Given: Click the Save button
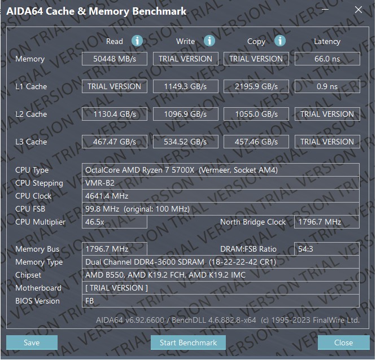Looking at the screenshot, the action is coord(32,343).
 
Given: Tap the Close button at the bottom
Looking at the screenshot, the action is coord(343,343).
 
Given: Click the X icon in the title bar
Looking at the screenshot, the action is coord(358,10).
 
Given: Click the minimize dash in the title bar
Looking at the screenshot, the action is coord(325,10).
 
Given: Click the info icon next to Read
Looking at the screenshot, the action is coord(137,41).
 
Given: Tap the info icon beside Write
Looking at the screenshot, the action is coord(209,41).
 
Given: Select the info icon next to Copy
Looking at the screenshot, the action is coord(280,41).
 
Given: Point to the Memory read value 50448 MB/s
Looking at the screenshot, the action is coord(115,59).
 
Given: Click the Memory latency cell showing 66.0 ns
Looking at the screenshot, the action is coord(327,59).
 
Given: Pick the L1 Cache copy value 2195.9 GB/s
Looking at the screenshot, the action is coord(256,86).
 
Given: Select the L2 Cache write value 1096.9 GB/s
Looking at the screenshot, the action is coord(185,114).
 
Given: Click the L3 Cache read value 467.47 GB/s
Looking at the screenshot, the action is coord(115,142).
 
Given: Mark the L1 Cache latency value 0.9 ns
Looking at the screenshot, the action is coord(327,86).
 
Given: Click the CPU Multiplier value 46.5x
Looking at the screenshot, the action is coord(95,222).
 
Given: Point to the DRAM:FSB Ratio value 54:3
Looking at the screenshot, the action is coord(305,249).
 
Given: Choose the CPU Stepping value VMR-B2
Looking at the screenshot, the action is coord(100,183).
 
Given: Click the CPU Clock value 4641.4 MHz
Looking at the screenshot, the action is coord(107,196).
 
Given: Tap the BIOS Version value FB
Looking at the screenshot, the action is coord(89,301).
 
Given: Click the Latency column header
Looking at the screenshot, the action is coord(327,41).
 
